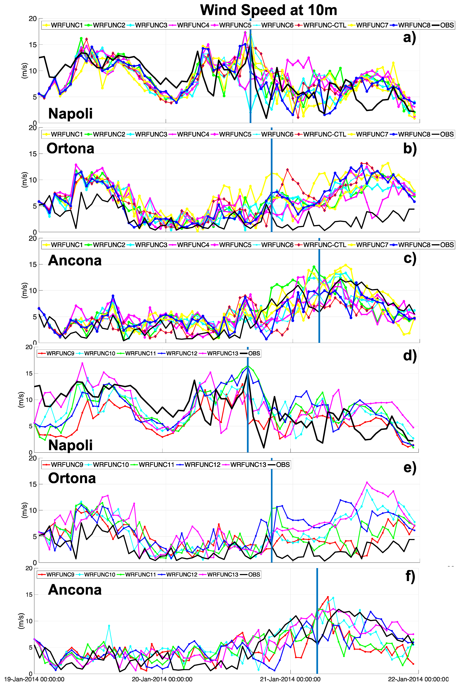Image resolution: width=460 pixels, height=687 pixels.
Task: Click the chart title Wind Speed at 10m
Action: [x=268, y=10]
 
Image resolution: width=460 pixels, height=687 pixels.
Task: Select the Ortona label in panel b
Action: [x=70, y=148]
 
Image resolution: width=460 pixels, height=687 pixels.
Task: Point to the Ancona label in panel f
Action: [x=75, y=590]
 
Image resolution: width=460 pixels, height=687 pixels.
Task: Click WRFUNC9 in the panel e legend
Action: [x=67, y=465]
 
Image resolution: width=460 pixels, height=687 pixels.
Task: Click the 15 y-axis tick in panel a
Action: [x=33, y=45]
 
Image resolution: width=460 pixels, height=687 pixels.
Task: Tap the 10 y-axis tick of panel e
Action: [x=33, y=510]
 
